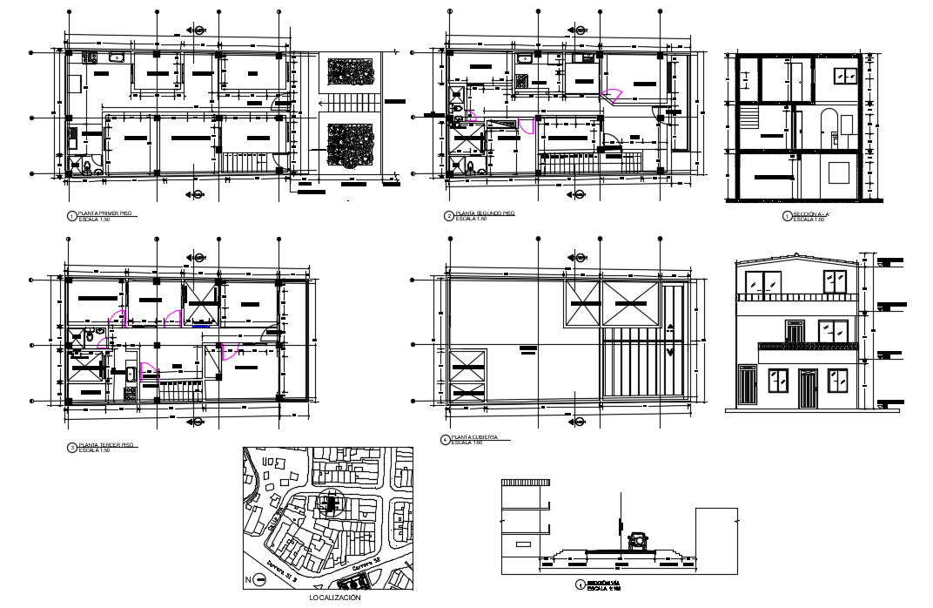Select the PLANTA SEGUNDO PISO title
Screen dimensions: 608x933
point(479,213)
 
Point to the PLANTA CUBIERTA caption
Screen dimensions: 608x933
point(475,438)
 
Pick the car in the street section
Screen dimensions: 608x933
point(640,541)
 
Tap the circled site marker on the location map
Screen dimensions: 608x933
point(330,503)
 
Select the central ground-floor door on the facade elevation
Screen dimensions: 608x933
point(807,389)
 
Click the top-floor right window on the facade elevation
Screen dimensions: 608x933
point(836,280)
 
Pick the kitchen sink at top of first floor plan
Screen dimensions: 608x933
point(116,58)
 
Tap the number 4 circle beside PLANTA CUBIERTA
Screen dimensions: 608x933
point(446,440)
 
